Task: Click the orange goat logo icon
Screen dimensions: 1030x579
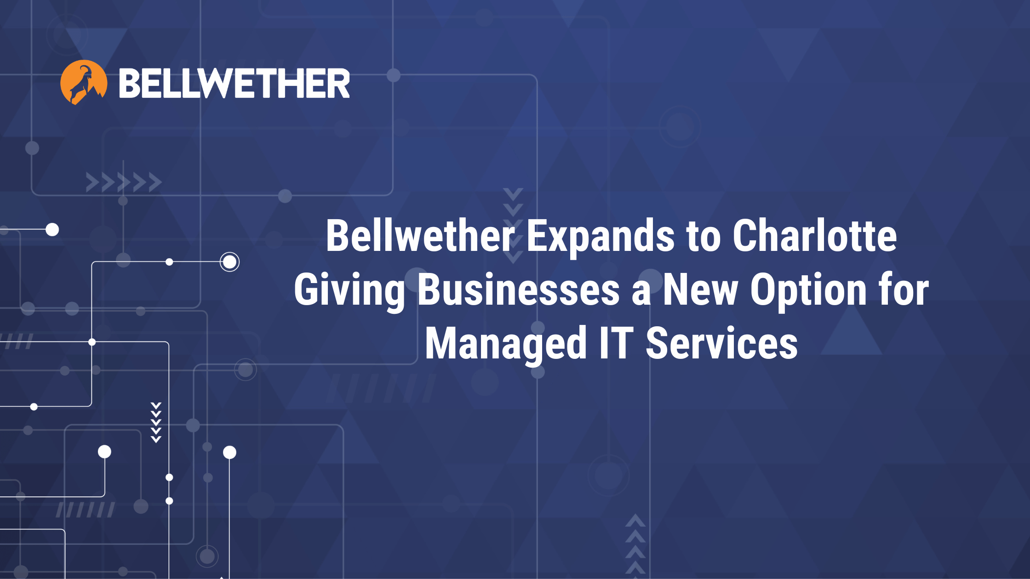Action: coord(84,82)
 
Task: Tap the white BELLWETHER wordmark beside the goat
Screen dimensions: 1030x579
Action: coord(235,83)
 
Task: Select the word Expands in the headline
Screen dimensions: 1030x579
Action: coord(600,238)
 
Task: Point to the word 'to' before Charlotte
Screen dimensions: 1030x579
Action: coord(703,237)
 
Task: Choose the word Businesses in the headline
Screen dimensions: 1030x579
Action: coord(519,289)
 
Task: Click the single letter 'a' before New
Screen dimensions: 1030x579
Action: coord(641,294)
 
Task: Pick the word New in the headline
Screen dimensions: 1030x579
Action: coord(700,289)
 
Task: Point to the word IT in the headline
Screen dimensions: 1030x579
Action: coord(616,343)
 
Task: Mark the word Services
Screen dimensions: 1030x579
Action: coord(722,343)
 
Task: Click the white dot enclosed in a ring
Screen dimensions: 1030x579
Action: coord(229,262)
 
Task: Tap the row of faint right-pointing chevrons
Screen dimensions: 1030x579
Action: coord(124,182)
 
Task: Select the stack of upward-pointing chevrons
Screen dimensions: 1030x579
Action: coord(635,545)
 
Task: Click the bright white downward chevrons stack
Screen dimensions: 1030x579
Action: coord(156,422)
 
